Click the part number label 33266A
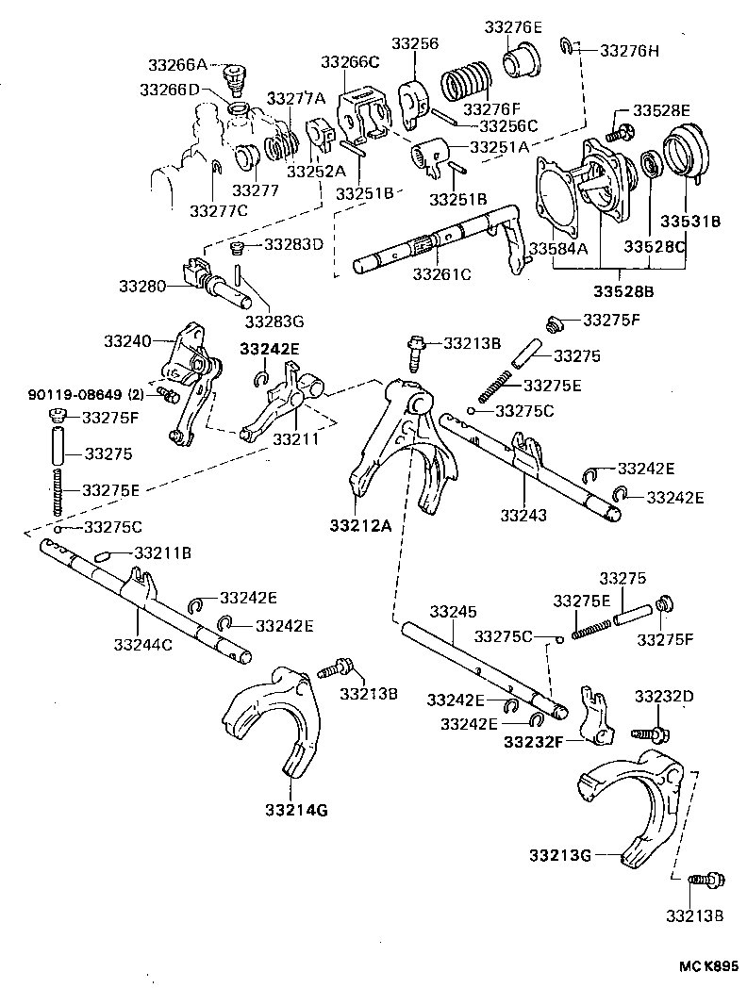pos(176,65)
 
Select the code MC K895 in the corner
pos(703,966)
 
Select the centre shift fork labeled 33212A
pos(401,443)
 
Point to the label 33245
pos(448,612)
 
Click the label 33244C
pos(142,645)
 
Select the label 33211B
pos(162,552)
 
